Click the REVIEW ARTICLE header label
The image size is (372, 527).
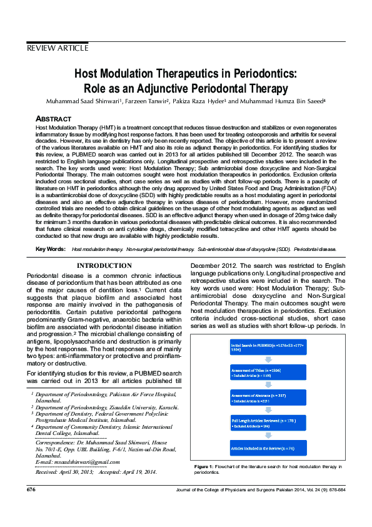coord(57,48)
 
